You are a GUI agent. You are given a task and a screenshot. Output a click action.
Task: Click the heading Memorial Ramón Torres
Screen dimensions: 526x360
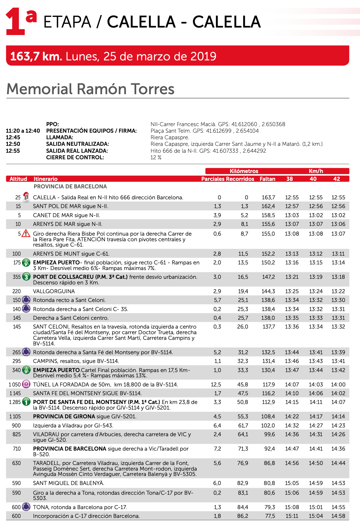click(90, 89)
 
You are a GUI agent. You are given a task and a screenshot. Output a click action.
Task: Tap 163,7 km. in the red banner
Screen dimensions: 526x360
click(36, 56)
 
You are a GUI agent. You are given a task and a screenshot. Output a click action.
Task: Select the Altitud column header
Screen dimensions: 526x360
click(18, 179)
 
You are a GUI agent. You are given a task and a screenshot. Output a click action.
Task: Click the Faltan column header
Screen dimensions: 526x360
click(267, 179)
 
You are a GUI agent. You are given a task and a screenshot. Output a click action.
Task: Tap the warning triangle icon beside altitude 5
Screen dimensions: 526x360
click(26, 233)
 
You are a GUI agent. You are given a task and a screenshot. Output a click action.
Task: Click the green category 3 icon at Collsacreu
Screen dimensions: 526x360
click(26, 277)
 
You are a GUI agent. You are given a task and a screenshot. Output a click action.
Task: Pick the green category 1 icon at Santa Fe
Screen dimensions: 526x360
click(26, 402)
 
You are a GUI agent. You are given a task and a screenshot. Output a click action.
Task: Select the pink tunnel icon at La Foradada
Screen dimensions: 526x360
click(26, 384)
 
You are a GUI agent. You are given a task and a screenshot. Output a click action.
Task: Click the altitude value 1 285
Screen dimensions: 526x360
click(15, 402)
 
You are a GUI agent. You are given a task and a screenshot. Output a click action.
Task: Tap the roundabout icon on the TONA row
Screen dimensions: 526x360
click(26, 507)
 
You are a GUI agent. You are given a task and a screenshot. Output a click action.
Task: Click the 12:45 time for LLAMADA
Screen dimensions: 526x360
click(13, 137)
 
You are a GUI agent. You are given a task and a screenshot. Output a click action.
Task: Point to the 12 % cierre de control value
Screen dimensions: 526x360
click(156, 157)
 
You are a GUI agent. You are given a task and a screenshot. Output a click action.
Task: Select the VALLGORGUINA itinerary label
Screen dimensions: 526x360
click(54, 291)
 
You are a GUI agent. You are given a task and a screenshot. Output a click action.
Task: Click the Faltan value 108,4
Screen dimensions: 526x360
click(268, 416)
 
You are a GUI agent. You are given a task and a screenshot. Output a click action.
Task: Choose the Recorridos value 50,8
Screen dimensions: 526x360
click(243, 402)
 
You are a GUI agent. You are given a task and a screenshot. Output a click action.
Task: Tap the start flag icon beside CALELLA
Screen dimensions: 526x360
click(26, 197)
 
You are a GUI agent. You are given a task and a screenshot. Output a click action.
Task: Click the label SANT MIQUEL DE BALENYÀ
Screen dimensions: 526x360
click(69, 483)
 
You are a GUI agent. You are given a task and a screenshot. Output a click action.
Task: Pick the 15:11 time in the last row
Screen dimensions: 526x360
click(292, 516)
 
